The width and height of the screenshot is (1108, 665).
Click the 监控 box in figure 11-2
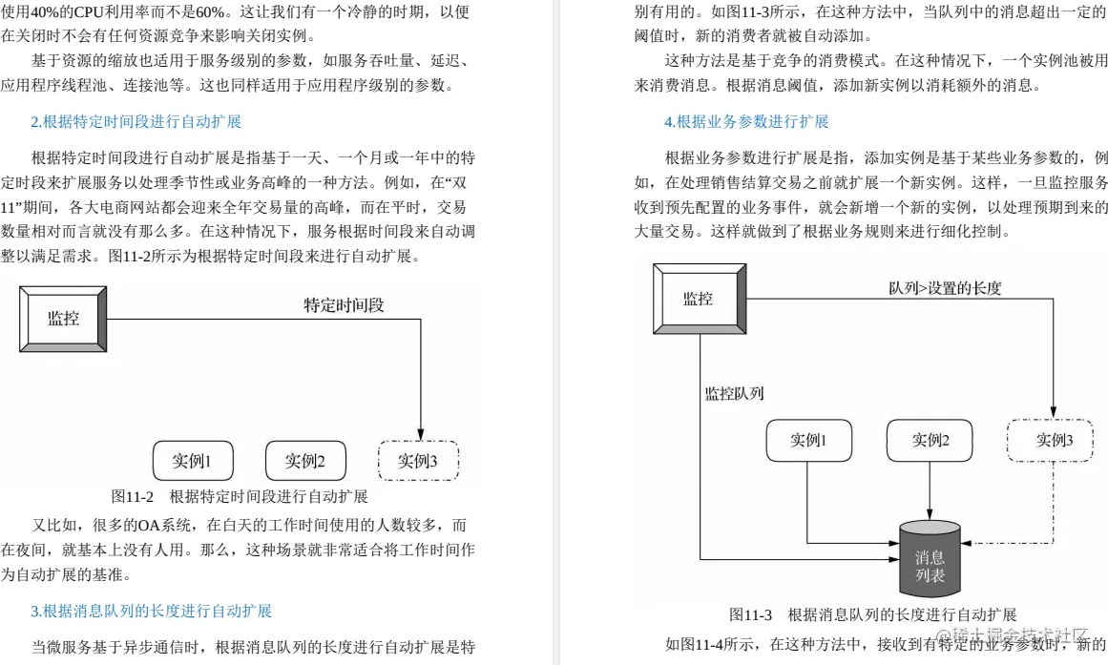point(63,319)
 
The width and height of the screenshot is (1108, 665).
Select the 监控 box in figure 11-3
point(698,299)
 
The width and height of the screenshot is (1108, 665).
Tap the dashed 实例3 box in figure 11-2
point(418,461)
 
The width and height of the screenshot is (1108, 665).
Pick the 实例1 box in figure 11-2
point(192,461)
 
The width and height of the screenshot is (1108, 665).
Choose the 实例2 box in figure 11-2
point(304,461)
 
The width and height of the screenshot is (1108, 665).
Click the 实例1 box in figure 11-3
point(807,440)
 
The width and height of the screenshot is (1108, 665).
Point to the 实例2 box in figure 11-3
point(929,440)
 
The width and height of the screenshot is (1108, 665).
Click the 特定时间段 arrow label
point(344,305)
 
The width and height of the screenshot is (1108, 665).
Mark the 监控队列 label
point(734,393)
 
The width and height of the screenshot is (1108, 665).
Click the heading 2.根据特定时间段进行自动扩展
point(136,121)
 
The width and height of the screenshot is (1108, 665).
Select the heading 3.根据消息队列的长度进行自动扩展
point(152,611)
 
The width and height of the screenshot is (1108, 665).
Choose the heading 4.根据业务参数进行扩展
point(746,121)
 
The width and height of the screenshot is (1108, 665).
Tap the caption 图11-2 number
point(133,496)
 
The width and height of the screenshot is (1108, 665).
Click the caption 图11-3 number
point(750,614)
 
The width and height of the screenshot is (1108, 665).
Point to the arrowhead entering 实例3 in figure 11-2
point(420,434)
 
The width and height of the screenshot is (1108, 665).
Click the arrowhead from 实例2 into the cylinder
point(930,516)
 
